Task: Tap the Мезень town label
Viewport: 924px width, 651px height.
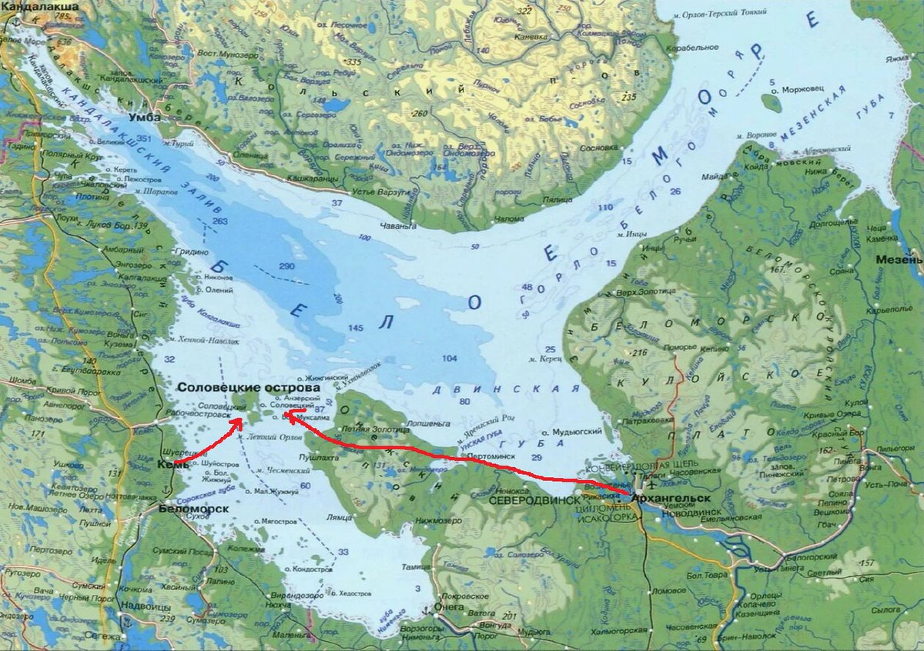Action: tap(899, 259)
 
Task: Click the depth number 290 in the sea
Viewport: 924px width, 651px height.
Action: tap(287, 265)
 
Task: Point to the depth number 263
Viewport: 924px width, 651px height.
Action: tap(221, 222)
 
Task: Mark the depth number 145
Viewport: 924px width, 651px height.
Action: tap(355, 329)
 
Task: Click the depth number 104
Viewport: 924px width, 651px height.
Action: tap(450, 358)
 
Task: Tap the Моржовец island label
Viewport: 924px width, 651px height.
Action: tap(803, 89)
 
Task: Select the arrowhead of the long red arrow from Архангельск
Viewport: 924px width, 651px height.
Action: tap(287, 416)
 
